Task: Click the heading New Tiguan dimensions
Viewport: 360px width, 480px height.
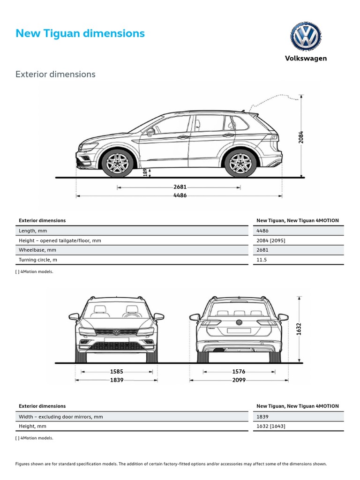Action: click(80, 33)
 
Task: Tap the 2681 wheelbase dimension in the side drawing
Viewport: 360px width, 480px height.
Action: click(180, 187)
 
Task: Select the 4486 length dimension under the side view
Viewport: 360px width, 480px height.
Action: click(180, 195)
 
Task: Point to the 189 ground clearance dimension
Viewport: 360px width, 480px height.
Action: click(145, 172)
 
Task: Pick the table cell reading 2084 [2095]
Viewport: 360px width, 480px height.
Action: click(271, 240)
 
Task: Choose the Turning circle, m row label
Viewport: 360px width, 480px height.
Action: click(38, 260)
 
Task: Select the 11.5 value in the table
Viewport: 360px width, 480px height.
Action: click(262, 260)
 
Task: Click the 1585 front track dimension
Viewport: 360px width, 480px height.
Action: click(117, 372)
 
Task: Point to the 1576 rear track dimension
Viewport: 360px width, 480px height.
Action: click(239, 372)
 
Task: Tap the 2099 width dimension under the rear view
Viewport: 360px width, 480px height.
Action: click(239, 380)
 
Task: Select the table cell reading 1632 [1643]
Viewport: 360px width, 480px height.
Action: click(271, 426)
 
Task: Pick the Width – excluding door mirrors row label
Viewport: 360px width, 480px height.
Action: click(60, 416)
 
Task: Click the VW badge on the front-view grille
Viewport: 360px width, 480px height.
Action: click(117, 332)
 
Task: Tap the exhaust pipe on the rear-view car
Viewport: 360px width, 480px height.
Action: click(218, 350)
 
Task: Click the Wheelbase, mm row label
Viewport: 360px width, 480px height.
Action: click(37, 250)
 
